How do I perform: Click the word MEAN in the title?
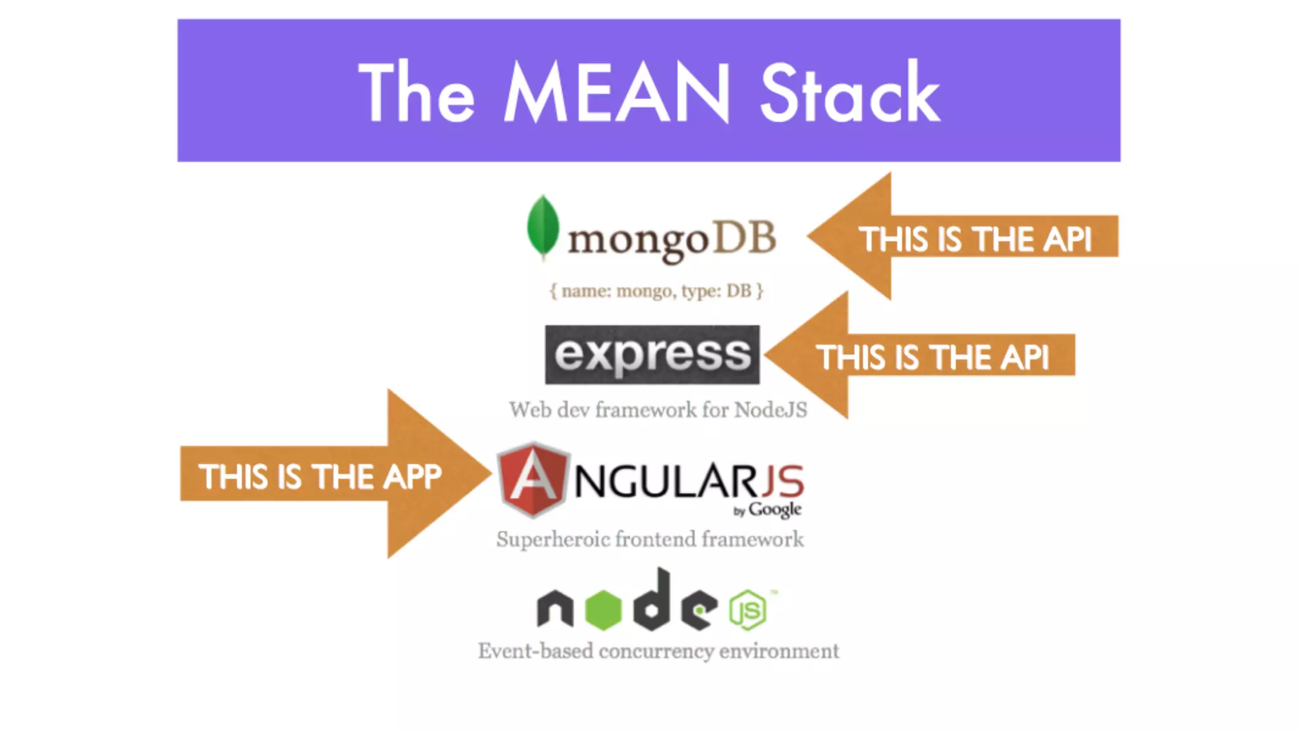coord(616,93)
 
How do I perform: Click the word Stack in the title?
coord(849,93)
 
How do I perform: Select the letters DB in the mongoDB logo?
coord(745,239)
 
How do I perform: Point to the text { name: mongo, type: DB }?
coord(656,291)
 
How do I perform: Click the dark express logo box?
coord(652,355)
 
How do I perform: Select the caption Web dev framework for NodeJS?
coord(658,410)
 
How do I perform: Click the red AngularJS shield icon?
coord(533,479)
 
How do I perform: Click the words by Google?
coord(767,510)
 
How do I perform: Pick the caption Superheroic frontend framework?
coord(650,539)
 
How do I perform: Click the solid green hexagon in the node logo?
coord(602,610)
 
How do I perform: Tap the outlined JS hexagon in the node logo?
coord(748,610)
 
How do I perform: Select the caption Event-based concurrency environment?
coord(658,651)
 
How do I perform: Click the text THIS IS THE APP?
coord(319,477)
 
